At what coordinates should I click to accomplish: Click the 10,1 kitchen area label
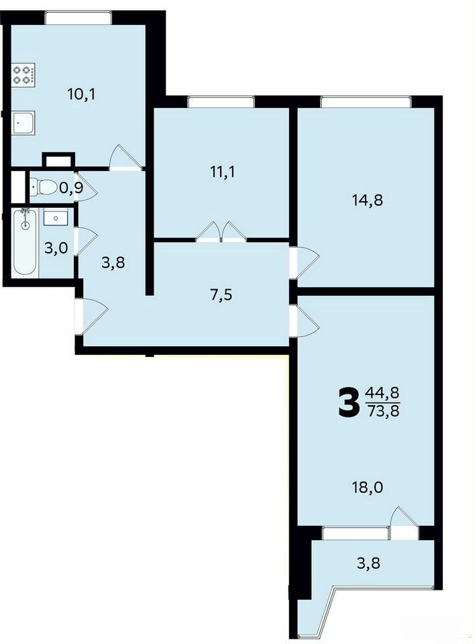pos(81,95)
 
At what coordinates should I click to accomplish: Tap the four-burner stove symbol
pos(23,74)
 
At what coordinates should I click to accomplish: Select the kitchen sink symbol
pos(23,122)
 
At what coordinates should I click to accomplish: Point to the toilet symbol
pos(43,188)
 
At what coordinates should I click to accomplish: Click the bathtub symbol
pos(25,241)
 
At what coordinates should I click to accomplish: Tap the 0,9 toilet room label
pos(72,188)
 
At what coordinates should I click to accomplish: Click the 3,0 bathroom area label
pos(56,248)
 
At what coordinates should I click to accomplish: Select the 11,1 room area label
pos(222,172)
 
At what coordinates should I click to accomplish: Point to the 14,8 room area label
pos(368,200)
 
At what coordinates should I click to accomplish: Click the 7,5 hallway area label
pos(221,295)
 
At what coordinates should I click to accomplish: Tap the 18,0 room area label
pos(368,488)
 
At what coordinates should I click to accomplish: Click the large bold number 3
pos(348,403)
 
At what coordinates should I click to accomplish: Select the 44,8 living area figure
pos(382,394)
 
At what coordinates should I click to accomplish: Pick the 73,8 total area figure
pos(382,411)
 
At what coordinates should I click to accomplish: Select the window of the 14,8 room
pos(366,101)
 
